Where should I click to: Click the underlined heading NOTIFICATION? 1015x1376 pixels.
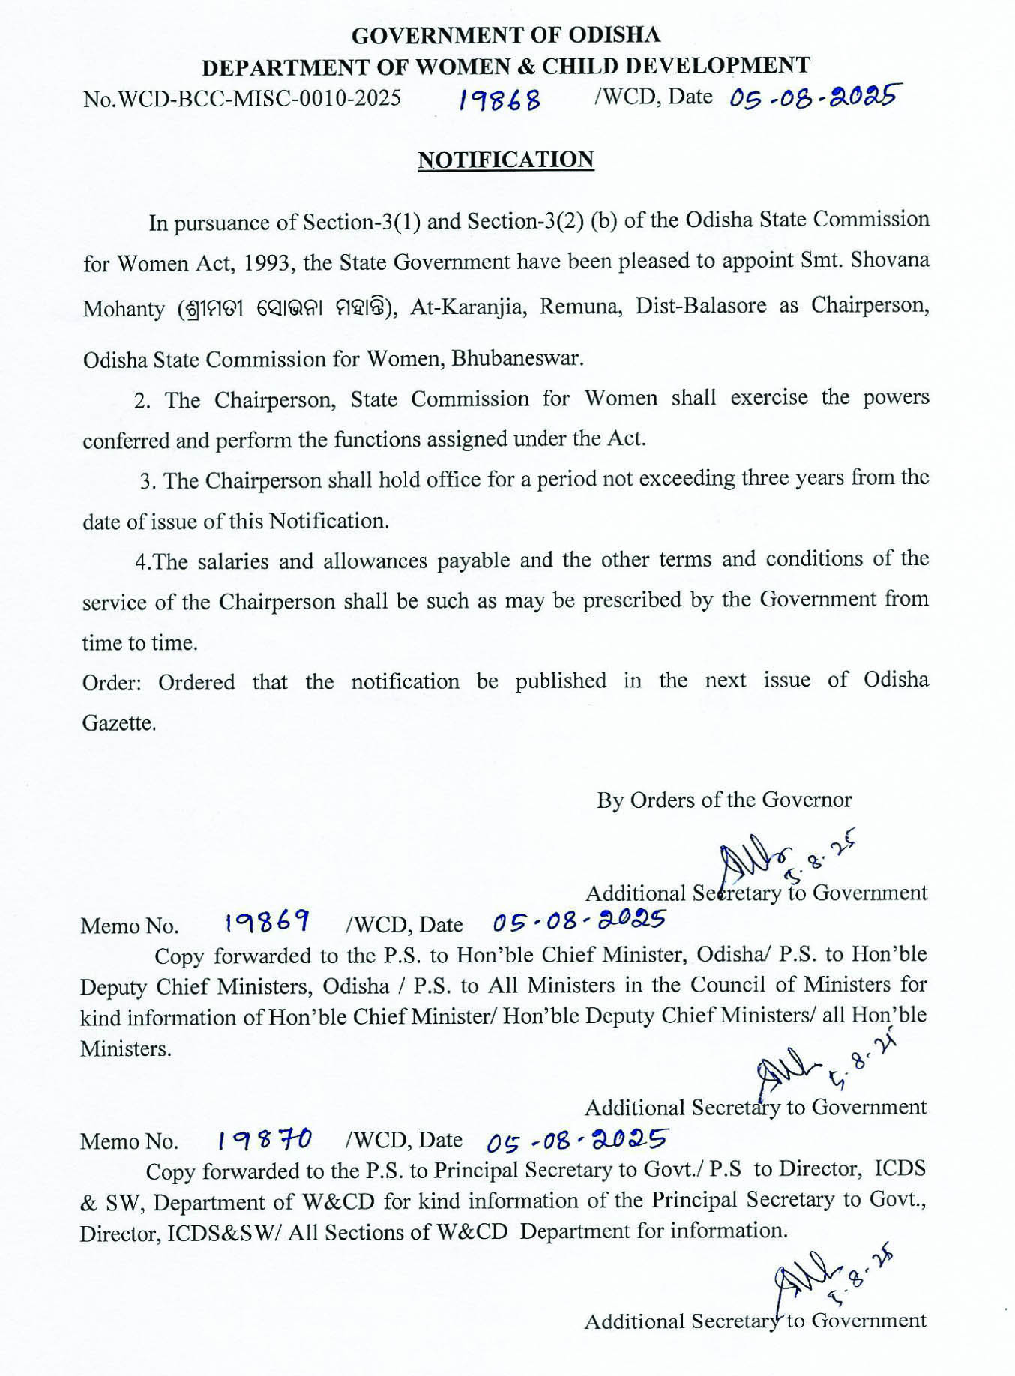coord(506,160)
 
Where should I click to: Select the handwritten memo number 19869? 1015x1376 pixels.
coord(267,921)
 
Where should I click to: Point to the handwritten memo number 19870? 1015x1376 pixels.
coord(264,1140)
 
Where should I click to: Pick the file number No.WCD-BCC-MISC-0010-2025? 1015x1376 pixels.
coord(242,99)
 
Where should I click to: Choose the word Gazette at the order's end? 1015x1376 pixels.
coord(119,723)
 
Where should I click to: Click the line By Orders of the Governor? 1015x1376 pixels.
coord(724,800)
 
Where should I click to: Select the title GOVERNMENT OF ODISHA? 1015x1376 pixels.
coord(506,35)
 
